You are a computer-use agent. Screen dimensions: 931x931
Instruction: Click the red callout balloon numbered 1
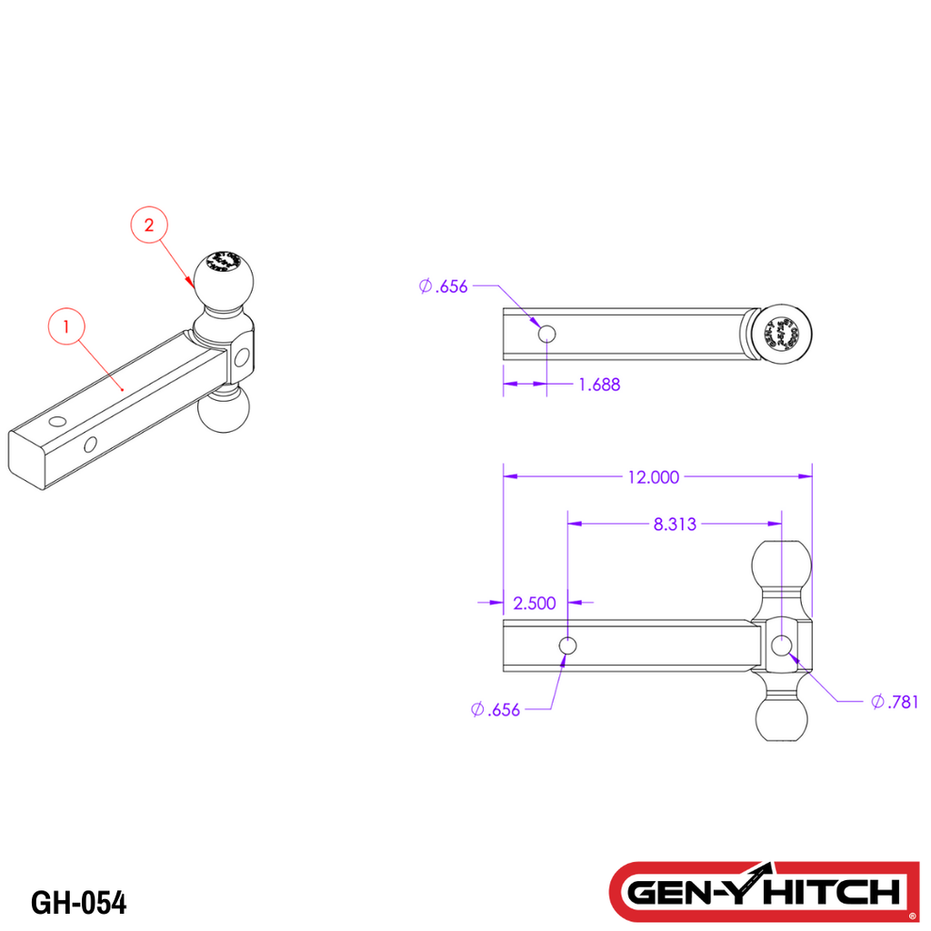pos(66,325)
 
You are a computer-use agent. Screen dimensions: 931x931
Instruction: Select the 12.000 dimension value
pos(652,476)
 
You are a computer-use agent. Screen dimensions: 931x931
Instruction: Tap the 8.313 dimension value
pos(675,524)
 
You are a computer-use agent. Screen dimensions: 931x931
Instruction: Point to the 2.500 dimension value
pos(536,603)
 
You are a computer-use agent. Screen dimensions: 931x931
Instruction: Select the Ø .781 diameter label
pos(895,701)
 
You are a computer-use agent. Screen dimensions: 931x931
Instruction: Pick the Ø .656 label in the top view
pos(444,286)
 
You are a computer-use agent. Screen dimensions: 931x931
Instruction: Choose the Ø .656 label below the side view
pos(496,710)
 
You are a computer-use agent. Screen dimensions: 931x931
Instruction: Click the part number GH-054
pos(79,903)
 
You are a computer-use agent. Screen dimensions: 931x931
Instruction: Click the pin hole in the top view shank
pos(546,335)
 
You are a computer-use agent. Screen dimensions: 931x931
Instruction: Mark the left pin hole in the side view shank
pos(567,646)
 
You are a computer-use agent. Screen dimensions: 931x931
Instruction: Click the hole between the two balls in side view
pos(781,646)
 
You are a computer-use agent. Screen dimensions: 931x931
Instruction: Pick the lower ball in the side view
pos(782,716)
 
